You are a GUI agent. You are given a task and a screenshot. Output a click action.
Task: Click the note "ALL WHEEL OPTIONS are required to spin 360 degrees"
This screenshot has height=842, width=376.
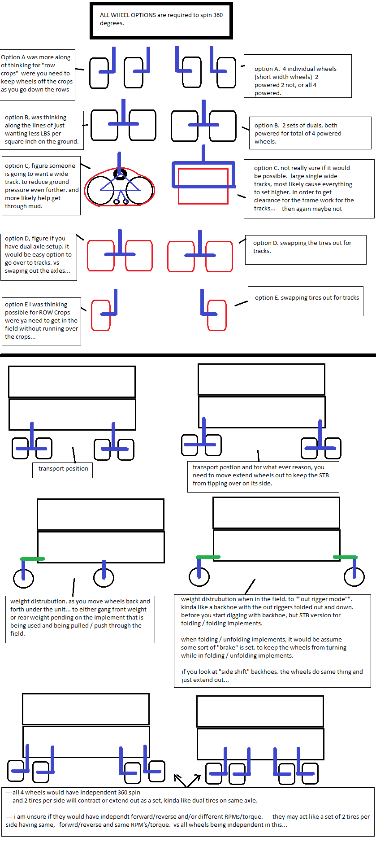[x=161, y=19]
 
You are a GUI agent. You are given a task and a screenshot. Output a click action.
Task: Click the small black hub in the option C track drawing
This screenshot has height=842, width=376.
[x=120, y=174]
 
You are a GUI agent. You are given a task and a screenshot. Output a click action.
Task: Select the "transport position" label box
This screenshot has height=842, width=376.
[x=63, y=469]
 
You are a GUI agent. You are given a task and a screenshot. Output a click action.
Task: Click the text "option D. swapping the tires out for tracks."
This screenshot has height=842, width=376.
[x=302, y=247]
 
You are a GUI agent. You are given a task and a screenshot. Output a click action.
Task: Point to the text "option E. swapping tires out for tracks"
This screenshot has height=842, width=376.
[x=307, y=297]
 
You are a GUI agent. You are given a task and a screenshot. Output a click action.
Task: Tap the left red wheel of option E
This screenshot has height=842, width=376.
[x=101, y=315]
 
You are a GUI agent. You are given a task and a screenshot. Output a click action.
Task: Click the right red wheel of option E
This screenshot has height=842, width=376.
[x=217, y=315]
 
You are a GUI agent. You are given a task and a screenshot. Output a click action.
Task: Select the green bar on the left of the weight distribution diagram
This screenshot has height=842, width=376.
[x=33, y=559]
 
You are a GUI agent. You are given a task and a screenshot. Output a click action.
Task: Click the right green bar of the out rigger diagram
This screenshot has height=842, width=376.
[x=345, y=557]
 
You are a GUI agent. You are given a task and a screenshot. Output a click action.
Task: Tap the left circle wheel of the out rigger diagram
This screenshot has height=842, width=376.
[x=199, y=576]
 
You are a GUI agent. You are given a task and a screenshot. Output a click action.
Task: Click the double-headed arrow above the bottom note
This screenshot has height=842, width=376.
[x=187, y=781]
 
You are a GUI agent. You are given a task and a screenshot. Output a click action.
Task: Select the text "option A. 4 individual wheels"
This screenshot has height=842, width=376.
[x=295, y=69]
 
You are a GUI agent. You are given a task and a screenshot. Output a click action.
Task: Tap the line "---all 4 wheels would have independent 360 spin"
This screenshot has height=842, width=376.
[x=73, y=793]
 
